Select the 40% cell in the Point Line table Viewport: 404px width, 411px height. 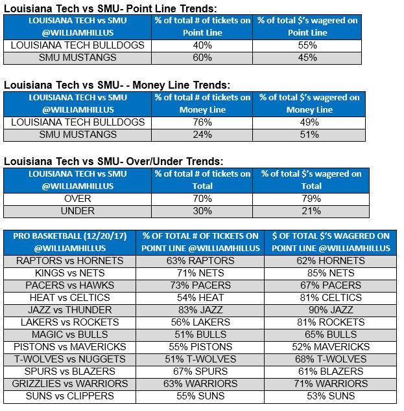click(x=202, y=45)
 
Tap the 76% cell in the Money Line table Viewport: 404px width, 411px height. click(x=202, y=122)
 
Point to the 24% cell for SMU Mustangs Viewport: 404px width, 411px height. click(x=202, y=135)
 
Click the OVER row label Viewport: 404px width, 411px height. click(x=77, y=199)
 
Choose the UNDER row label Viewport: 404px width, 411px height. click(x=77, y=211)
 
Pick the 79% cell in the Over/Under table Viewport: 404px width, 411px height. click(x=311, y=199)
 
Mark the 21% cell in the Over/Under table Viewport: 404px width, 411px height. click(x=311, y=211)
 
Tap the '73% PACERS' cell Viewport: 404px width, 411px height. click(x=200, y=285)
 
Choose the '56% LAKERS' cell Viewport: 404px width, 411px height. click(x=200, y=322)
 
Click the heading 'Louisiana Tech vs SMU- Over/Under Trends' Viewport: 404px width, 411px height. click(x=113, y=161)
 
